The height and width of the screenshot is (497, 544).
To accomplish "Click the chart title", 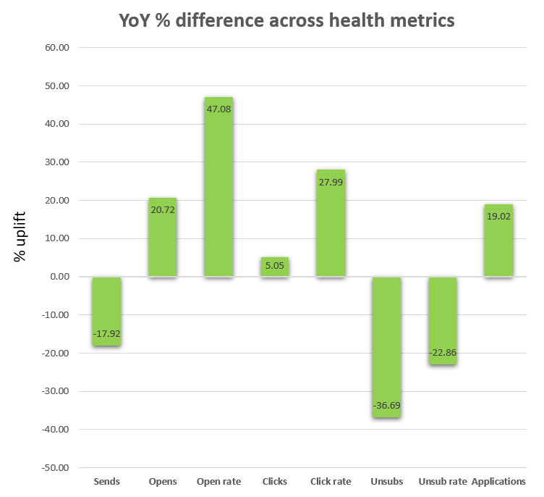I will point(287,20).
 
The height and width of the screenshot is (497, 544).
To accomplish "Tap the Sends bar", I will point(106,312).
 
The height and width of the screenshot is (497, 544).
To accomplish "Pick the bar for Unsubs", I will point(386,347).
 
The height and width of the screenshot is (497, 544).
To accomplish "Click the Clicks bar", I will point(274,267).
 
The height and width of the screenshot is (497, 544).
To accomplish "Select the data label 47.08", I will point(218,109).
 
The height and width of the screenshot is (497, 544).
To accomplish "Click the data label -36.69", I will point(386,405).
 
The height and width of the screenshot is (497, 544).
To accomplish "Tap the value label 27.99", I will point(331,181).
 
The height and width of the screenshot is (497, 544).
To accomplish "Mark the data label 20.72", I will point(162,209).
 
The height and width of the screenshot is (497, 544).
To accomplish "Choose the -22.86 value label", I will point(442,352).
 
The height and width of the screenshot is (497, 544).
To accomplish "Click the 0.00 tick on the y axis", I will point(58,277).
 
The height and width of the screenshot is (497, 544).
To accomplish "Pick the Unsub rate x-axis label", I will point(442,481).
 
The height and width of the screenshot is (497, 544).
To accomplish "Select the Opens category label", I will point(162,481).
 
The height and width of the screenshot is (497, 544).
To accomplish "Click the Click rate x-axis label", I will point(331,481).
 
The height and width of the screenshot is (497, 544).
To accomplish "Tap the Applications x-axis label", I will point(498,481).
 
